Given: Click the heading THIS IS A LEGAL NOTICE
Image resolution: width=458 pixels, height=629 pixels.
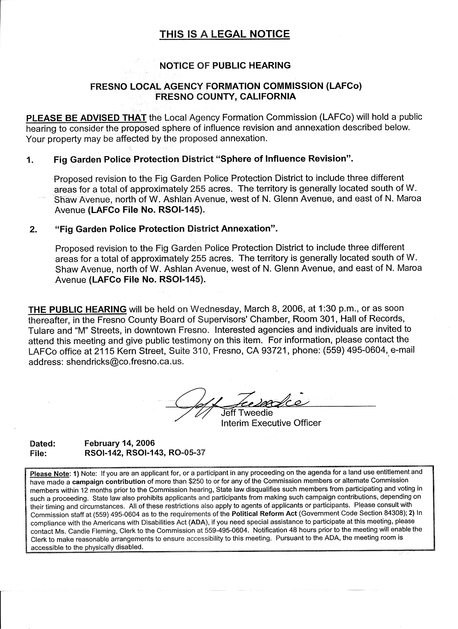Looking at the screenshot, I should (x=224, y=34).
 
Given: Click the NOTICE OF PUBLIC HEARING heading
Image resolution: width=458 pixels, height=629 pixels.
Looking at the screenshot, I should (x=225, y=66).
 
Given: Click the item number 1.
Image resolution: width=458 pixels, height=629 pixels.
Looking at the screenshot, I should (x=30, y=160).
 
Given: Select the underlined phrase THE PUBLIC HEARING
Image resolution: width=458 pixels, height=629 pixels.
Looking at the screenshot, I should (x=77, y=309).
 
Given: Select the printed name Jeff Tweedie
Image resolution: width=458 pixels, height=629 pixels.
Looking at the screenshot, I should (x=247, y=413).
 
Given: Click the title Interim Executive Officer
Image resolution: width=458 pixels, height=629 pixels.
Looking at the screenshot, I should (x=271, y=423).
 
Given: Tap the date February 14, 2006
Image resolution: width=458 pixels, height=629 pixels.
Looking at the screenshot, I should (x=119, y=443).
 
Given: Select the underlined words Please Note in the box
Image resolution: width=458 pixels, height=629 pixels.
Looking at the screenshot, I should (x=49, y=473).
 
